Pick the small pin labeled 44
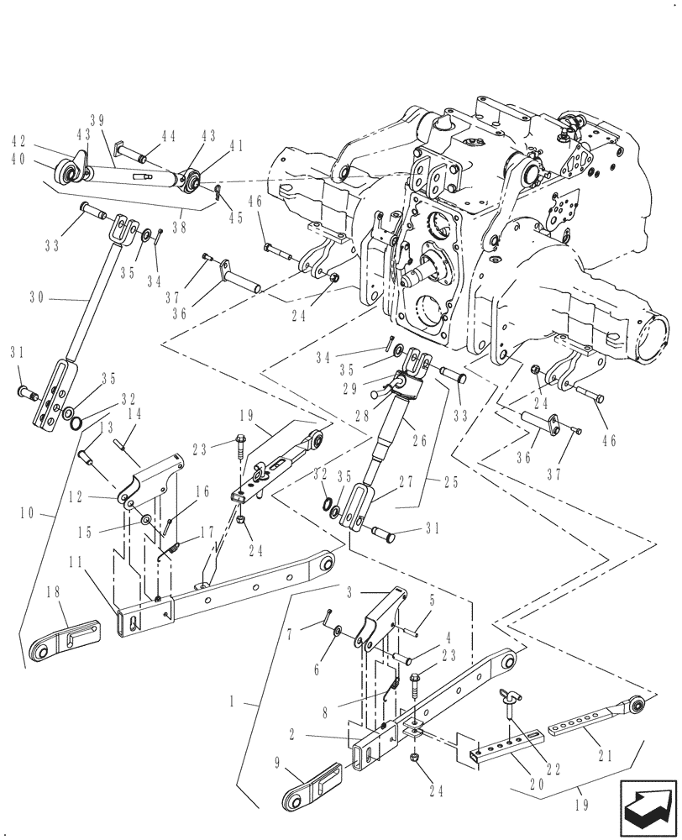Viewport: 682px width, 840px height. click(x=133, y=154)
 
